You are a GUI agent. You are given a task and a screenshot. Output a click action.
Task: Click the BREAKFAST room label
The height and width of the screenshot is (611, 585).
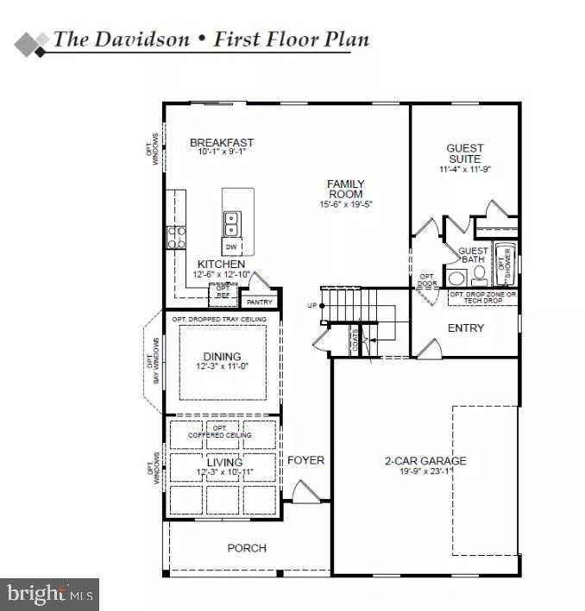pyautogui.click(x=222, y=143)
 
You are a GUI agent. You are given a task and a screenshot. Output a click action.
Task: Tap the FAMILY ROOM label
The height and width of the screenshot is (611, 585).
pyautogui.click(x=345, y=190)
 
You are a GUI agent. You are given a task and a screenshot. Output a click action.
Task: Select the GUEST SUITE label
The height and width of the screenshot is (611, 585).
pyautogui.click(x=465, y=153)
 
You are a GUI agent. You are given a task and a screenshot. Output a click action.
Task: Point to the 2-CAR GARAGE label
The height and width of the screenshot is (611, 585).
pyautogui.click(x=425, y=461)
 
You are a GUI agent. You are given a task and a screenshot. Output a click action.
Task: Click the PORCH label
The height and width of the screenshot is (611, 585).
pyautogui.click(x=247, y=548)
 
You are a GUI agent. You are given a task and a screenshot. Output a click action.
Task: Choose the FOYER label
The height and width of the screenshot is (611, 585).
pyautogui.click(x=305, y=460)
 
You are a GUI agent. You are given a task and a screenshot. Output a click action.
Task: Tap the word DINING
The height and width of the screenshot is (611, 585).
pyautogui.click(x=222, y=357)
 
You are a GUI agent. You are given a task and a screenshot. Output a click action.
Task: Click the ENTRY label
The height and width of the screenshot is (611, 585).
pyautogui.click(x=465, y=328)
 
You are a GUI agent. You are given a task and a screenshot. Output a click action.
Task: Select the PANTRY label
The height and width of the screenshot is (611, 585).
pyautogui.click(x=259, y=302)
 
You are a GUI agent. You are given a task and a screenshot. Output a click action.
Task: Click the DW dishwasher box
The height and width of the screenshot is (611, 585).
pyautogui.click(x=231, y=247)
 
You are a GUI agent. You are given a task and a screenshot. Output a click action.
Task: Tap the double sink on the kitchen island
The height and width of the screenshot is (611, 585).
pyautogui.click(x=231, y=224)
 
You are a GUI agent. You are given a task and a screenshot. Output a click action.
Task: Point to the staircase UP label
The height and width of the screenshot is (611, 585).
pyautogui.click(x=312, y=306)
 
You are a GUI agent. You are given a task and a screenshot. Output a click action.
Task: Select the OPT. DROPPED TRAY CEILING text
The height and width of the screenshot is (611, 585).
pyautogui.click(x=219, y=320)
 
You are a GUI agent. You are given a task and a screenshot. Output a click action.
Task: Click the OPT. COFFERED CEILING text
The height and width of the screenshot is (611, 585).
pyautogui.click(x=220, y=432)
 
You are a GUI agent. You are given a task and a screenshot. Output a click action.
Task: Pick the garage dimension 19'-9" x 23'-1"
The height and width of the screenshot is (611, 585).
pyautogui.click(x=425, y=472)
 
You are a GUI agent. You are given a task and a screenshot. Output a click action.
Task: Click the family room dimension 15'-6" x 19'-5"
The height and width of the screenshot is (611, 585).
pyautogui.click(x=345, y=205)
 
